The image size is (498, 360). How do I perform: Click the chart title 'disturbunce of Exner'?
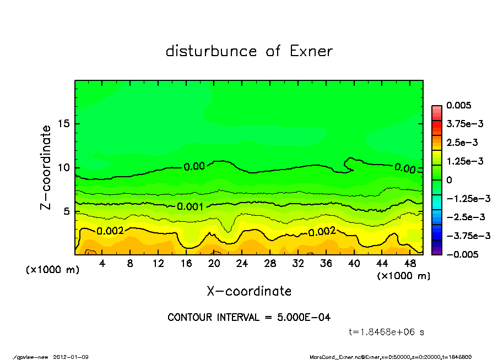pyautogui.click(x=249, y=51)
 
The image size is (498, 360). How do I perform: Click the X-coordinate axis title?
pyautogui.click(x=249, y=291)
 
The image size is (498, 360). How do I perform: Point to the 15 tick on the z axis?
pyautogui.click(x=63, y=124)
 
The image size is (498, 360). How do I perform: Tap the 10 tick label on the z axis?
pyautogui.click(x=63, y=167)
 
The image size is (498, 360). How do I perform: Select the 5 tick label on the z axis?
pyautogui.click(x=66, y=211)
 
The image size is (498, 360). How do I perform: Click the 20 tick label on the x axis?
pyautogui.click(x=214, y=264)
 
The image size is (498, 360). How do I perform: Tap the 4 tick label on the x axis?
pyautogui.click(x=102, y=264)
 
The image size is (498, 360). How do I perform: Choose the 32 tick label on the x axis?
pyautogui.click(x=298, y=264)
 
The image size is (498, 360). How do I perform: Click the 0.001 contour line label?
pyautogui.click(x=190, y=206)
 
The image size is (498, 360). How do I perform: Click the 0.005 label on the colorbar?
pyautogui.click(x=457, y=105)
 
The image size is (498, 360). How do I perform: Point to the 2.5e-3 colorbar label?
pyautogui.click(x=462, y=143)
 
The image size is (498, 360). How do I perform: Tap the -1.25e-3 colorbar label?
pyautogui.click(x=465, y=198)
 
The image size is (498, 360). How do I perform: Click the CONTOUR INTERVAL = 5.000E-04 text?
pyautogui.click(x=249, y=318)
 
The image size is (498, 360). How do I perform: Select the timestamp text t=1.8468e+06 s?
pyautogui.click(x=387, y=332)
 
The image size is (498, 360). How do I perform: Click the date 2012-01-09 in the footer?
pyautogui.click(x=71, y=357)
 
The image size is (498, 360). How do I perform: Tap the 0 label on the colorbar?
pyautogui.click(x=449, y=180)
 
